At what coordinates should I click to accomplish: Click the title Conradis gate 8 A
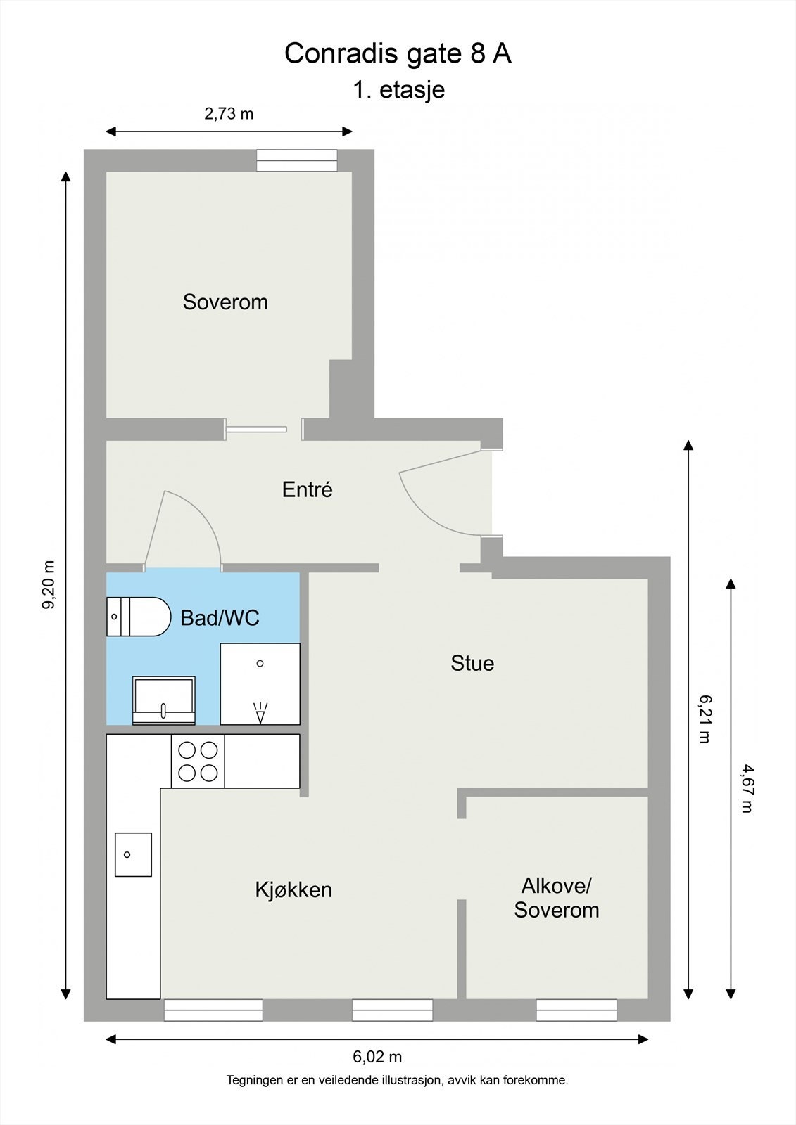pyautogui.click(x=398, y=54)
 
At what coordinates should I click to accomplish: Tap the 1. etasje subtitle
pyautogui.click(x=398, y=90)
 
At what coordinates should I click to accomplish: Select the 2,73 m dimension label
pyautogui.click(x=229, y=113)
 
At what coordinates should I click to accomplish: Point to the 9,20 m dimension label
pyautogui.click(x=49, y=585)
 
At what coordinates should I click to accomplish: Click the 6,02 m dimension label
pyautogui.click(x=377, y=1056)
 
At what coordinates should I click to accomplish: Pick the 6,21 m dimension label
pyautogui.click(x=705, y=719)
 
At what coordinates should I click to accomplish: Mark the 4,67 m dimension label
pyautogui.click(x=747, y=789)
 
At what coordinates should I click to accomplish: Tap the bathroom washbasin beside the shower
pyautogui.click(x=163, y=700)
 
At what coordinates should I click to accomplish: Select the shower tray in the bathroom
pyautogui.click(x=260, y=683)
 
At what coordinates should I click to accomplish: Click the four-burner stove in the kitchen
pyautogui.click(x=198, y=761)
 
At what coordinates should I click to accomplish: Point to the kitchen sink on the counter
pyautogui.click(x=133, y=854)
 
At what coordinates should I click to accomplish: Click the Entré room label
pyautogui.click(x=307, y=489)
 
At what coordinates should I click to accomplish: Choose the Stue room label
pyautogui.click(x=472, y=663)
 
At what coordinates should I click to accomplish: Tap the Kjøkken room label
pyautogui.click(x=293, y=889)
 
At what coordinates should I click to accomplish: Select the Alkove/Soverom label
pyautogui.click(x=556, y=897)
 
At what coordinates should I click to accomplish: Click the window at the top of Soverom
pyautogui.click(x=296, y=161)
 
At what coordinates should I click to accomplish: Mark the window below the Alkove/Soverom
pyautogui.click(x=576, y=1010)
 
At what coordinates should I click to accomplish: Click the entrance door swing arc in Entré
pyautogui.click(x=429, y=499)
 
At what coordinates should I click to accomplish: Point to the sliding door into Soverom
pyautogui.click(x=257, y=429)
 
